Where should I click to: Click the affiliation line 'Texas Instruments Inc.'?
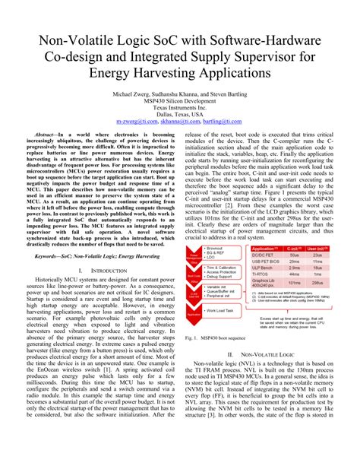[179, 106]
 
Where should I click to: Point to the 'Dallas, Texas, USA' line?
[179, 113]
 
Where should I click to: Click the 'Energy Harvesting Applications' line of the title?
[179, 74]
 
